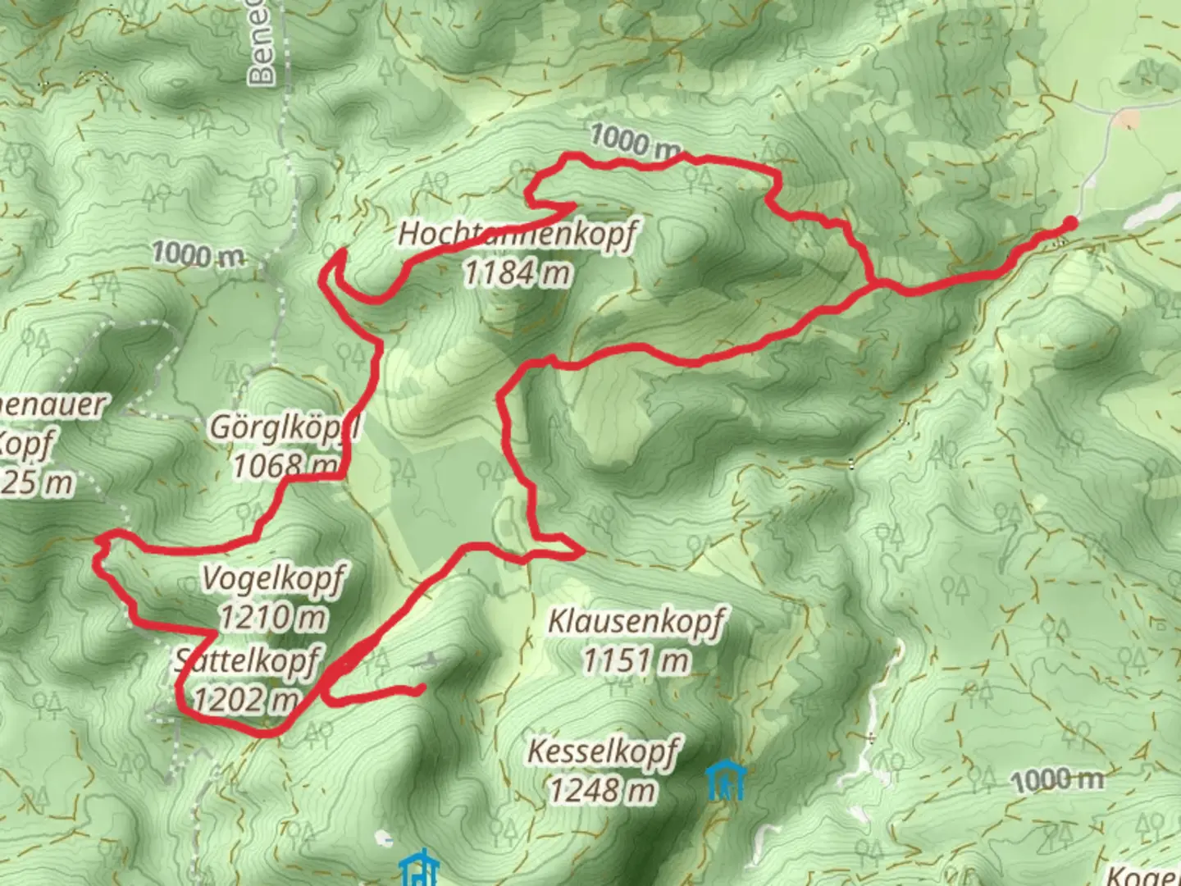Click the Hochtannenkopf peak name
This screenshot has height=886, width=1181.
(517, 235)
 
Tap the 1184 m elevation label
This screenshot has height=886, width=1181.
(517, 272)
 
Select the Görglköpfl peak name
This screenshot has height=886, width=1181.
(285, 427)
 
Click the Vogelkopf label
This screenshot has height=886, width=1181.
(273, 578)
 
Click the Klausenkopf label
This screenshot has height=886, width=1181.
(636, 622)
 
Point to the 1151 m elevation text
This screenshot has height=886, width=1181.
(636, 660)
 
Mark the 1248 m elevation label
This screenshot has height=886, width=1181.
(603, 790)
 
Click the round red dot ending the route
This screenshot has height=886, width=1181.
(1069, 222)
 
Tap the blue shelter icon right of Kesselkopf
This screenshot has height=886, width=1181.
(726, 782)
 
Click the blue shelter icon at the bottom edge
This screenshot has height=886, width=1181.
(420, 870)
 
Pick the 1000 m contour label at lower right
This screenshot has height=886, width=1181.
(1058, 779)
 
